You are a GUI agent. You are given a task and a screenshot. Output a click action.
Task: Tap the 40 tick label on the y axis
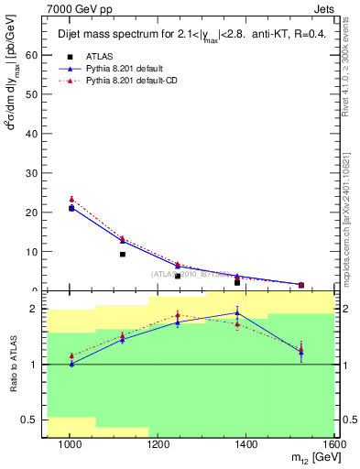click(34, 134)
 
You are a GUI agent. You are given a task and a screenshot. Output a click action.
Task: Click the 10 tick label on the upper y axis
click(34, 252)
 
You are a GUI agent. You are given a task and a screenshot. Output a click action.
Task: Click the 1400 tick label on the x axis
click(249, 444)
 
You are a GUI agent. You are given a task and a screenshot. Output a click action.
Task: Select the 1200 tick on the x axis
click(159, 444)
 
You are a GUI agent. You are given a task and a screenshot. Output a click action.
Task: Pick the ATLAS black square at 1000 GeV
click(71, 208)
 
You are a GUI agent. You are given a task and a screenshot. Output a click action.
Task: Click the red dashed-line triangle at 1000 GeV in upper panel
click(71, 199)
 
